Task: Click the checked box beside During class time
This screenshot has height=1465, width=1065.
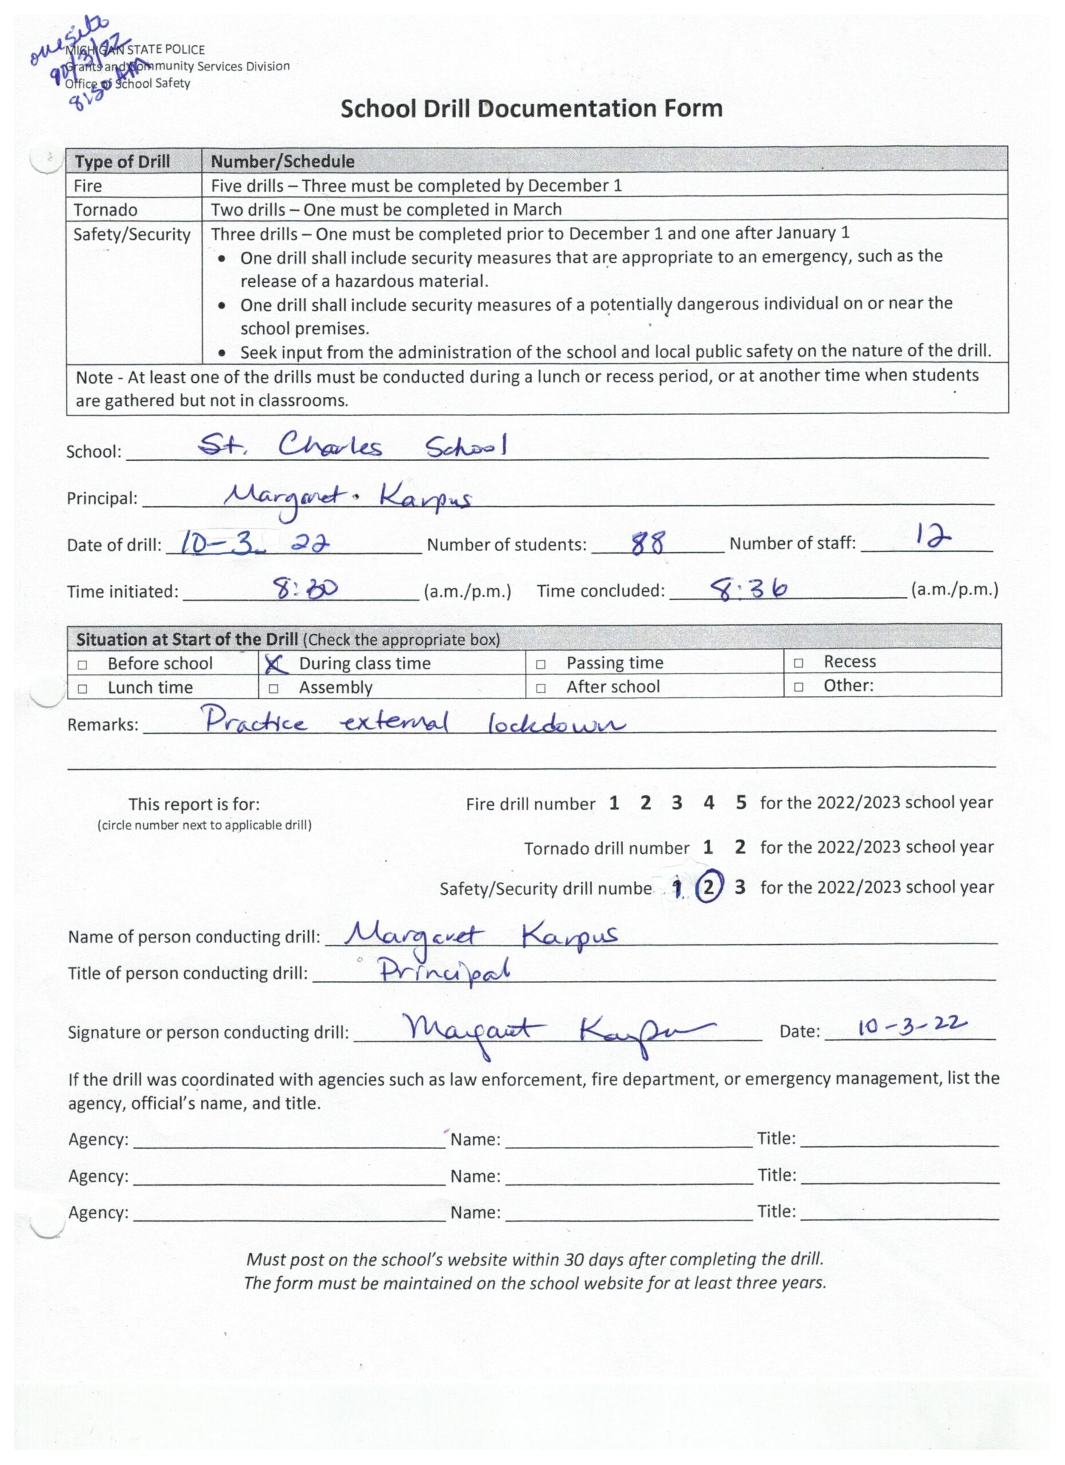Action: (x=276, y=663)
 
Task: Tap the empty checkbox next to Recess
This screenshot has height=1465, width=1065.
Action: (x=798, y=663)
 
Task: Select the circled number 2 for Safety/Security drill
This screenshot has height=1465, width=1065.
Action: (x=708, y=887)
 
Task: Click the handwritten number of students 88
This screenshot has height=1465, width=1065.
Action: (x=647, y=544)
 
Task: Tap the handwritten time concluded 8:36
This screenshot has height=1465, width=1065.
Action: (x=749, y=588)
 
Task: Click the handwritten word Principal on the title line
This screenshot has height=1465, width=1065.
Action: (x=444, y=971)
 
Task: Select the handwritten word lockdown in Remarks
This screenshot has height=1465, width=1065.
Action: (x=556, y=723)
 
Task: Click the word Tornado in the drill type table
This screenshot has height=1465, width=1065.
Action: (x=105, y=210)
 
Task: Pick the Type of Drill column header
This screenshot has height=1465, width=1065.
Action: (x=122, y=161)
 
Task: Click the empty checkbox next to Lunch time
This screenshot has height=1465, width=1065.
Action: (x=82, y=688)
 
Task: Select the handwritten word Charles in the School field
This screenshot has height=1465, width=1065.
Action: (x=330, y=446)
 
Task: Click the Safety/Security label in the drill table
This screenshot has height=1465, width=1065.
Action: (x=132, y=235)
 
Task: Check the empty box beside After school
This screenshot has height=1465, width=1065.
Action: (x=541, y=688)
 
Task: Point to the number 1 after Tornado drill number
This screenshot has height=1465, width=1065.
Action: (x=708, y=847)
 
